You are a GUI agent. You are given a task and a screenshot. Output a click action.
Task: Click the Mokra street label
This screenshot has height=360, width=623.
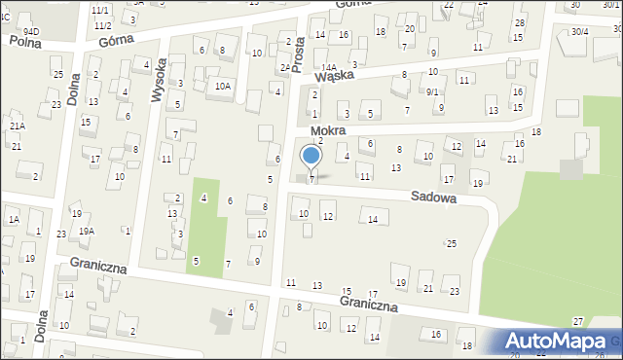328,130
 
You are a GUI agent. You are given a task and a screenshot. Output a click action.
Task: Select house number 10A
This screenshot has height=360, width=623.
223,86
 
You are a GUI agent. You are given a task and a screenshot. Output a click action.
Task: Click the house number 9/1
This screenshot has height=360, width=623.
433,91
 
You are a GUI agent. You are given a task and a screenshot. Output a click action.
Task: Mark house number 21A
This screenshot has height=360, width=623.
17,126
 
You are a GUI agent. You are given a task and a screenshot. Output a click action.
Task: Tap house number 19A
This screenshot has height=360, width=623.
87,231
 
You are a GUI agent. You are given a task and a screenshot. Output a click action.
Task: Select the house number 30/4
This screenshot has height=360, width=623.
580,32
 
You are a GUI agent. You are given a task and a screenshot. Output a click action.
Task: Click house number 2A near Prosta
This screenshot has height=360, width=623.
284,67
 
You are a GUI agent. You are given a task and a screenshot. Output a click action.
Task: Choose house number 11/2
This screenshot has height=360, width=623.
103,24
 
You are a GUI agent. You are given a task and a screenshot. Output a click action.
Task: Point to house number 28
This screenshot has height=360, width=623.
520,22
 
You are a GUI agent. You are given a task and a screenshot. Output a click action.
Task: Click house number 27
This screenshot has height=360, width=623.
578,321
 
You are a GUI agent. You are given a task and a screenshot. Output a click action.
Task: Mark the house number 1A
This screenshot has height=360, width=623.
14,220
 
